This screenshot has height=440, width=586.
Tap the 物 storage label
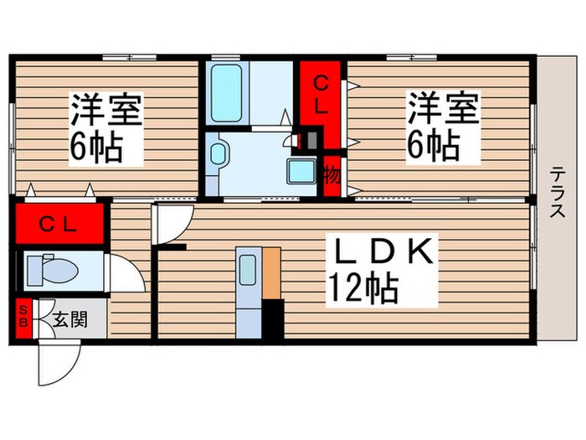(332, 177)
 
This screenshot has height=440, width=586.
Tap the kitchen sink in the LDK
(249, 270)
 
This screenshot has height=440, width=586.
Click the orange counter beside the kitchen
(273, 272)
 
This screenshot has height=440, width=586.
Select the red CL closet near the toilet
(59, 224)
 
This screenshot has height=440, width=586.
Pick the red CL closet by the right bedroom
(321, 92)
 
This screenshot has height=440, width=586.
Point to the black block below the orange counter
(274, 318)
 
